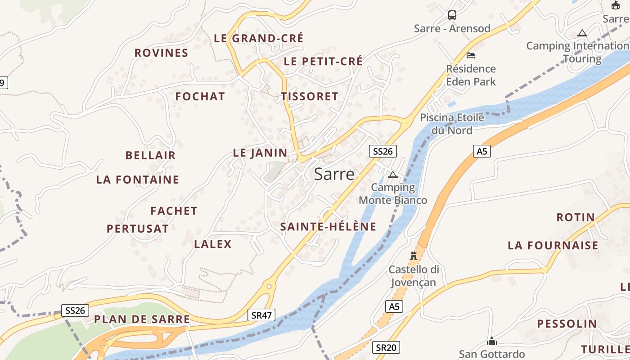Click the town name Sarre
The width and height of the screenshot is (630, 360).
click(x=334, y=174)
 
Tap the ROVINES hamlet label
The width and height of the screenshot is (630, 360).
click(x=161, y=53)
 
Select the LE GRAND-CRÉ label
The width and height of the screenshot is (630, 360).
click(x=259, y=38)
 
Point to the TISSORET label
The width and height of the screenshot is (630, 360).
click(x=310, y=96)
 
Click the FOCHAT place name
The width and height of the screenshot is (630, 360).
click(x=200, y=96)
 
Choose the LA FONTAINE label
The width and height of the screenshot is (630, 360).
click(x=138, y=180)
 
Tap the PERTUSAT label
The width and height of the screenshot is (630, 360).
click(x=138, y=229)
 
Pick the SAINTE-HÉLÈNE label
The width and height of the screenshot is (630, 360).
click(x=328, y=227)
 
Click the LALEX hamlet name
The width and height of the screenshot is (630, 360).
click(x=213, y=244)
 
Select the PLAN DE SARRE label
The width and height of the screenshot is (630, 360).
click(x=142, y=319)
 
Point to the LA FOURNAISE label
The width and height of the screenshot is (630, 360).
click(x=553, y=246)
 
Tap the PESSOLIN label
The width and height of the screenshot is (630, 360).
click(x=567, y=324)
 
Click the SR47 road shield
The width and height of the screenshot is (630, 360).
click(x=261, y=315)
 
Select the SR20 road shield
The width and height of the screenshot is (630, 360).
click(x=386, y=347)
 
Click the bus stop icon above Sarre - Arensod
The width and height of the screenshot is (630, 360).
click(x=452, y=15)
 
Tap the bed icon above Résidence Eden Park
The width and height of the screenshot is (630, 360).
click(x=471, y=55)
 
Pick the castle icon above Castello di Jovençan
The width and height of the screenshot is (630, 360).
click(x=414, y=256)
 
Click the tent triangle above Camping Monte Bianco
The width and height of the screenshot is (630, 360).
click(x=393, y=175)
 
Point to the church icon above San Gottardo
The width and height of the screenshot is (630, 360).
click(x=492, y=341)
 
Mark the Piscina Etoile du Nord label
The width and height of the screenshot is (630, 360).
click(x=452, y=124)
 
